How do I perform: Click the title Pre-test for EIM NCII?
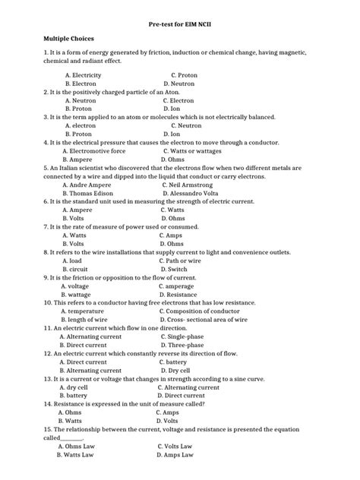[x=180, y=23]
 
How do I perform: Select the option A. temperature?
[x=84, y=311]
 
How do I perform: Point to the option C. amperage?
[x=179, y=286]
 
